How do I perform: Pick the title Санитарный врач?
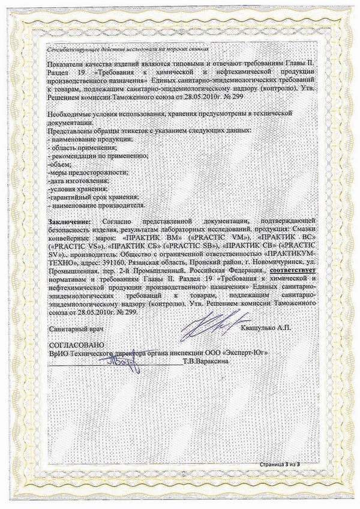(x=74, y=329)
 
